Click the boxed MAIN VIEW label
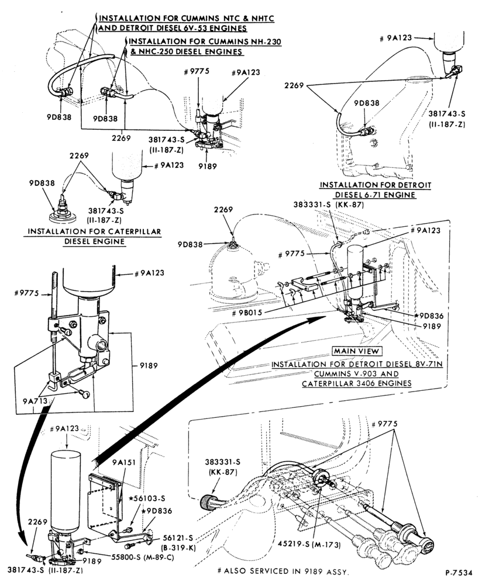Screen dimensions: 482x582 (356, 351)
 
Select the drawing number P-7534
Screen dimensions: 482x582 (459, 572)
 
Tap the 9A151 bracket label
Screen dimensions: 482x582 (124, 462)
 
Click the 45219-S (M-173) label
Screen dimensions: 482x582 (309, 545)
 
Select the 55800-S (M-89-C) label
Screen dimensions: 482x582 (143, 556)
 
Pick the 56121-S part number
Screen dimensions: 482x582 (180, 538)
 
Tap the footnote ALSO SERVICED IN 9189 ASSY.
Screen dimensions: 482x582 (283, 571)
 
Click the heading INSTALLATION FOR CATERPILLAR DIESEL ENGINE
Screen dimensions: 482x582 (94, 237)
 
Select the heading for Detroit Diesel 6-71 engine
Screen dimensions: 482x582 (376, 190)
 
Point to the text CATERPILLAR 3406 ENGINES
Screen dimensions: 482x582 (357, 383)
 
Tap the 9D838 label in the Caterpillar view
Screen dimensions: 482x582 (42, 183)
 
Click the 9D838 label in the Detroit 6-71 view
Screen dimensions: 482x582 (367, 102)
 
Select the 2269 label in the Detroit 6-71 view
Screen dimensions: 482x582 (294, 86)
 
